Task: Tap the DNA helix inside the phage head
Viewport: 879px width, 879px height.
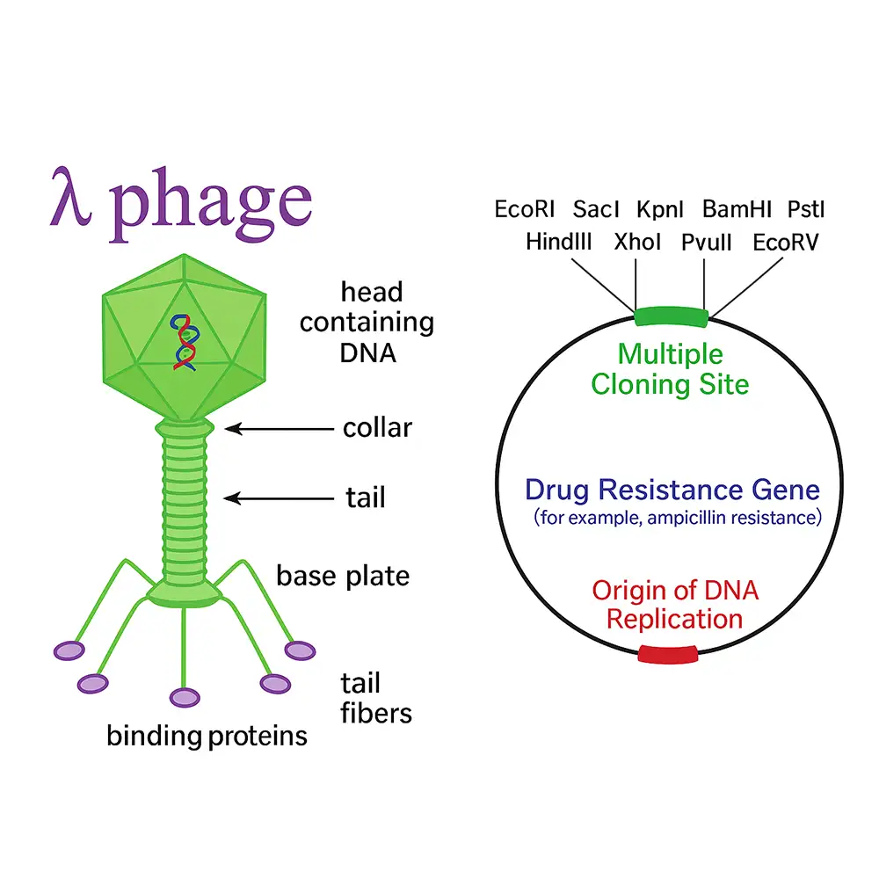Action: [x=183, y=340]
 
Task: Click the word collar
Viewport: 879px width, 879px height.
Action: [x=377, y=428]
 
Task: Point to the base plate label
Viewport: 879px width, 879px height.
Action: [x=343, y=576]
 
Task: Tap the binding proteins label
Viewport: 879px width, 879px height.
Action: [x=207, y=735]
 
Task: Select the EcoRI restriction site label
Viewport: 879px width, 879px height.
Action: [x=524, y=209]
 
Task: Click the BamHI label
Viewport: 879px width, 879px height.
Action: [x=737, y=209]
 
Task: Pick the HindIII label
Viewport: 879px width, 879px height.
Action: [x=559, y=242]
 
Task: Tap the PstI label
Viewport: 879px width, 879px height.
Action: [x=806, y=209]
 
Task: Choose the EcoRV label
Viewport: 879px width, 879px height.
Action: [x=786, y=242]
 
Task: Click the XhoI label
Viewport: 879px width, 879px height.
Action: [x=638, y=242]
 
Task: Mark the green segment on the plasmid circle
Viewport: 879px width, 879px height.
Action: [x=671, y=316]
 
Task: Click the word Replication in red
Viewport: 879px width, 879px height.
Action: [x=675, y=618]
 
